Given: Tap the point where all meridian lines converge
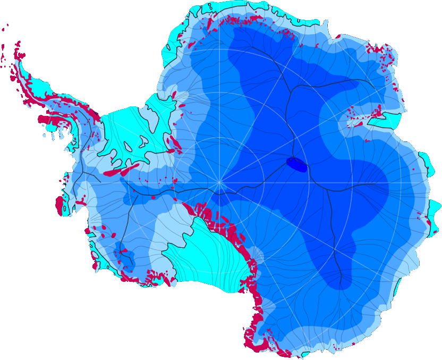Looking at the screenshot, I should tap(219, 182).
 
